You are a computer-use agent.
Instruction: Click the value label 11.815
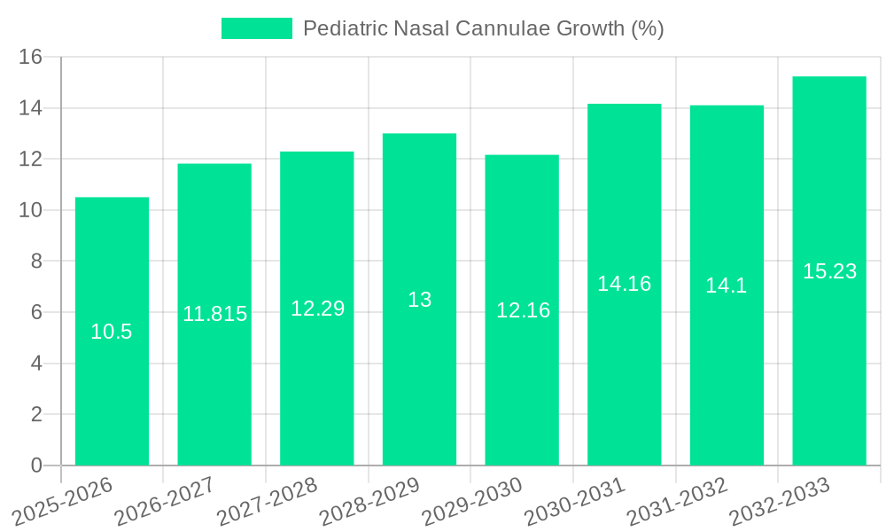point(214,314)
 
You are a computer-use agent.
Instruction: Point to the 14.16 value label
point(624,284)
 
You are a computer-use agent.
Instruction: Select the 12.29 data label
point(317,309)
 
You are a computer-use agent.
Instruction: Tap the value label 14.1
point(727,286)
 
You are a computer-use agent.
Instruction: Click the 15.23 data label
point(829,271)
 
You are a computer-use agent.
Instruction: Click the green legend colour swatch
point(256,28)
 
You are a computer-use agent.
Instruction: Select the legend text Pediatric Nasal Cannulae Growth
point(483,28)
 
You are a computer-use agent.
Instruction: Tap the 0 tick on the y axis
point(36,465)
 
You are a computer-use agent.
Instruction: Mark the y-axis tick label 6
point(36,312)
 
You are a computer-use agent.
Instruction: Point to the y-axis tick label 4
point(36,364)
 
